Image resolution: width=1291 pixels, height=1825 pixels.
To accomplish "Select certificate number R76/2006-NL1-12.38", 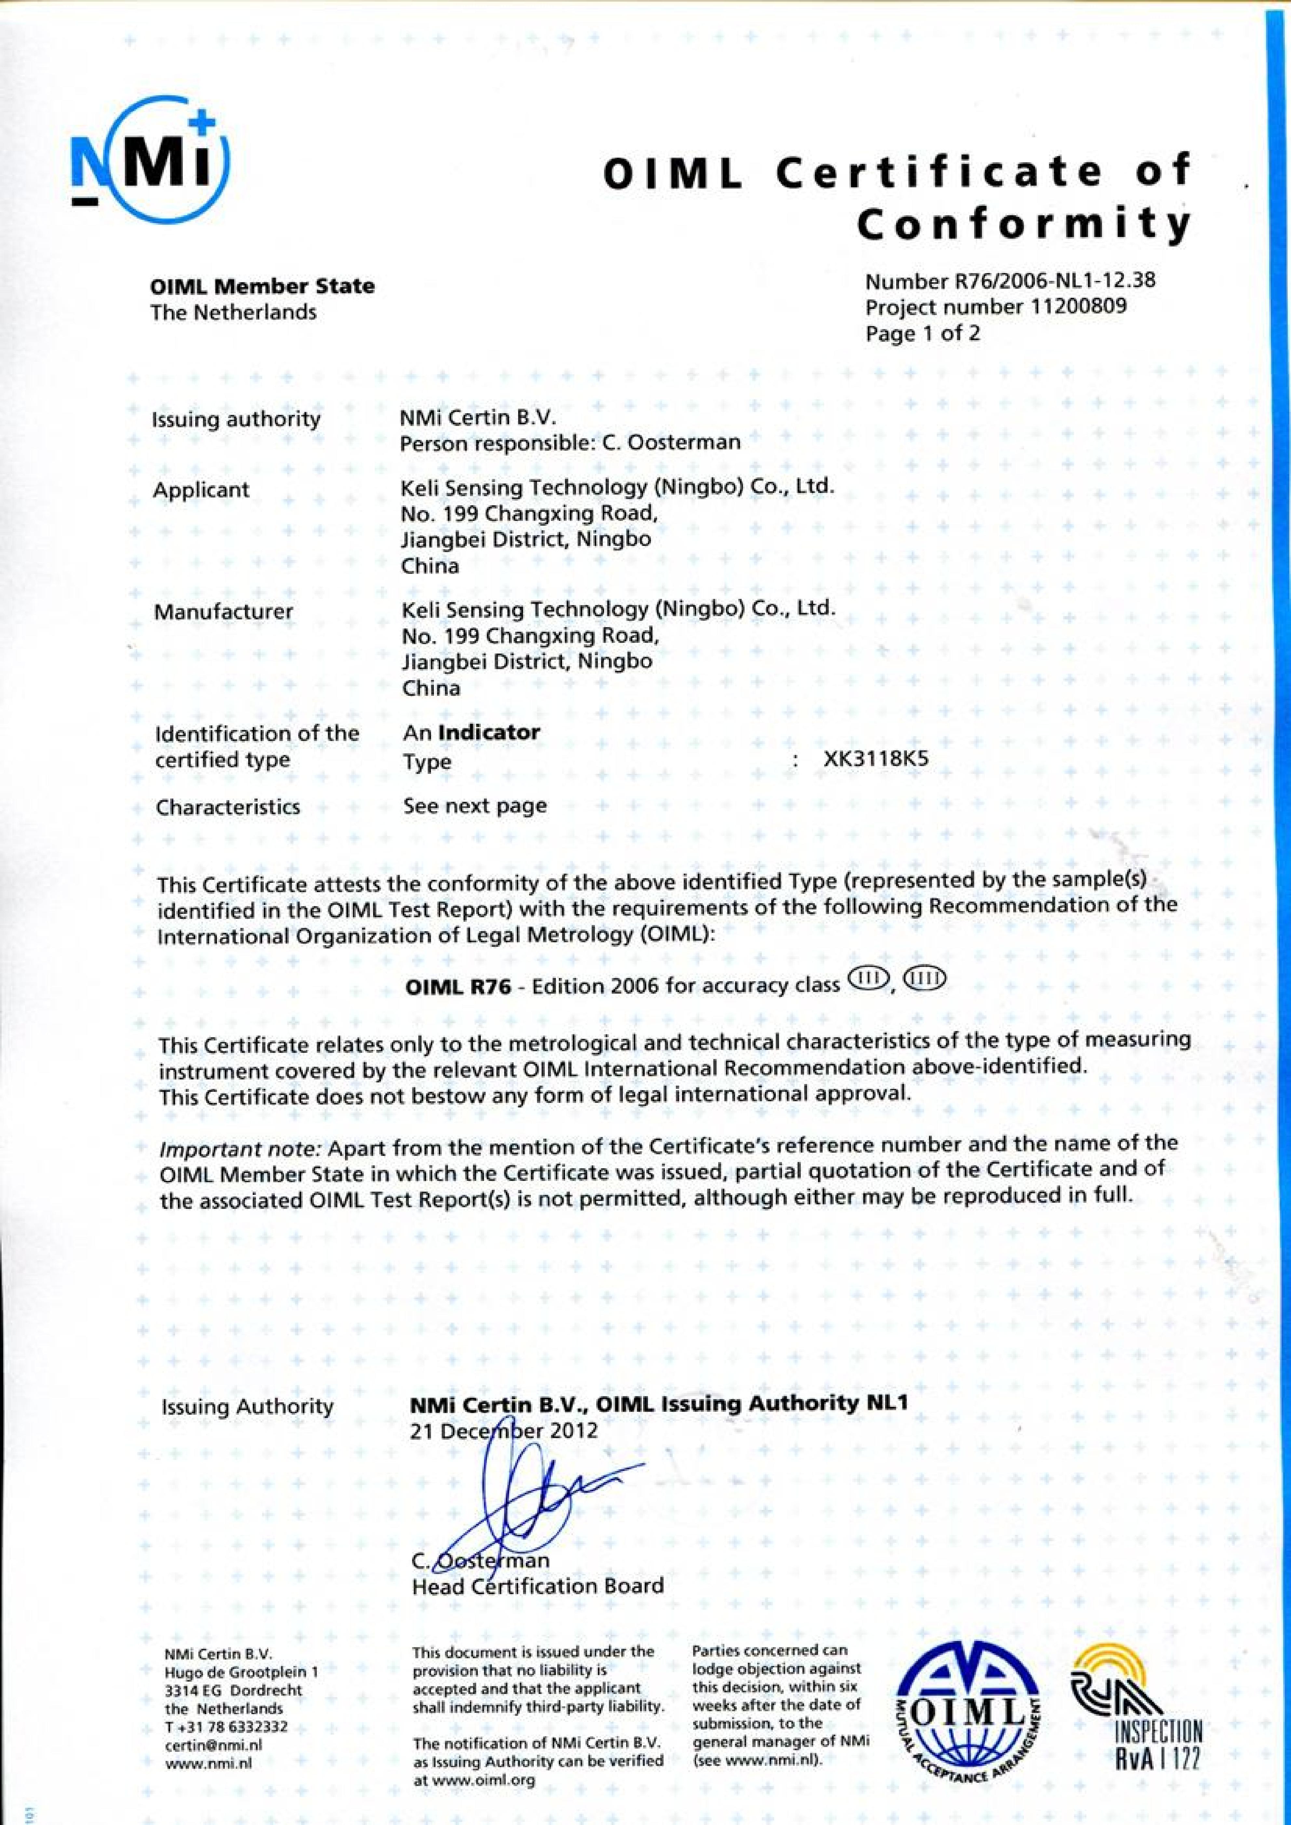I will [x=1010, y=281].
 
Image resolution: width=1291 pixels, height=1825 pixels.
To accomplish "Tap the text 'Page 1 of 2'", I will [x=922, y=333].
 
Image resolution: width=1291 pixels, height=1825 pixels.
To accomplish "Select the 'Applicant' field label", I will [x=201, y=490].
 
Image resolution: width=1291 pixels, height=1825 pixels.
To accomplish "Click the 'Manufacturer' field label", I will [x=223, y=612].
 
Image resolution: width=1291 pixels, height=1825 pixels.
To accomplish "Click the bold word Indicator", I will [x=489, y=732].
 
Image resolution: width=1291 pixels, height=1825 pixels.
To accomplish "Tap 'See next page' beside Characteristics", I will [x=475, y=806].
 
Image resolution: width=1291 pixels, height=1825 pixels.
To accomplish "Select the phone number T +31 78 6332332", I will [x=226, y=1729].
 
